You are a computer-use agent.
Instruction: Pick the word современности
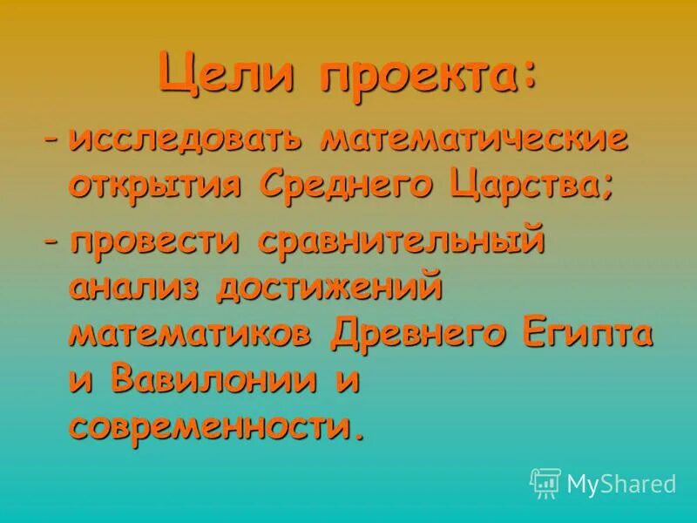pos(213,426)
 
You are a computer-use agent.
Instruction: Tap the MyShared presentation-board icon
pos(545,482)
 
